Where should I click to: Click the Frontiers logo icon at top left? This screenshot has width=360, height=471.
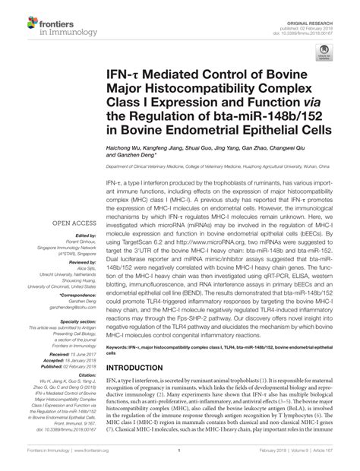pos(20,17)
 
